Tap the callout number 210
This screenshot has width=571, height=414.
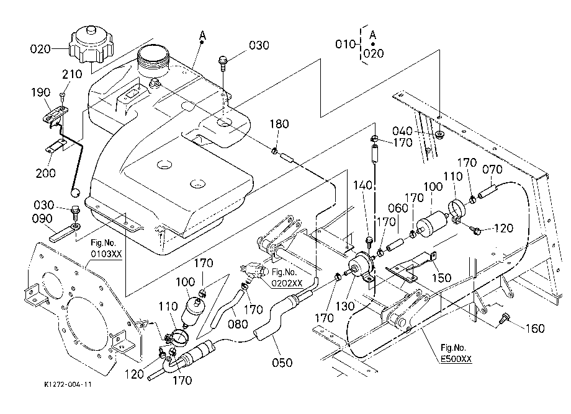click(x=72, y=74)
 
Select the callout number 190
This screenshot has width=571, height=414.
click(x=40, y=92)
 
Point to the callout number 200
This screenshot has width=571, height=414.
click(x=45, y=173)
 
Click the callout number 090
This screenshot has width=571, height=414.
click(x=43, y=218)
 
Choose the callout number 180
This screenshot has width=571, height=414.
click(x=279, y=124)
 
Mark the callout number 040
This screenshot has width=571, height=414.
click(x=402, y=131)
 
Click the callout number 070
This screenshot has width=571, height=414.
click(x=492, y=169)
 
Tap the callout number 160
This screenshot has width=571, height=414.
click(x=534, y=328)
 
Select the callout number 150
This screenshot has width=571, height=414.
click(x=441, y=278)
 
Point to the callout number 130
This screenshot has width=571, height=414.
click(x=345, y=306)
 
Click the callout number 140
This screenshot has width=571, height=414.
click(x=362, y=185)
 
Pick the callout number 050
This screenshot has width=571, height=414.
click(x=282, y=363)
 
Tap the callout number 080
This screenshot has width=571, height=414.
click(x=238, y=324)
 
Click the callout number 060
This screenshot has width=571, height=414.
click(x=398, y=208)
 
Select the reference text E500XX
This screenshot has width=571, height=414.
click(x=456, y=359)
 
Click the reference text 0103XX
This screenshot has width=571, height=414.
click(x=106, y=253)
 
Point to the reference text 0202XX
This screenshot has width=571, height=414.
click(x=287, y=283)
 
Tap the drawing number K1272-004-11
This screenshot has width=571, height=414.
click(x=68, y=384)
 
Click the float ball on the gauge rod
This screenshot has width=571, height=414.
click(x=75, y=192)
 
